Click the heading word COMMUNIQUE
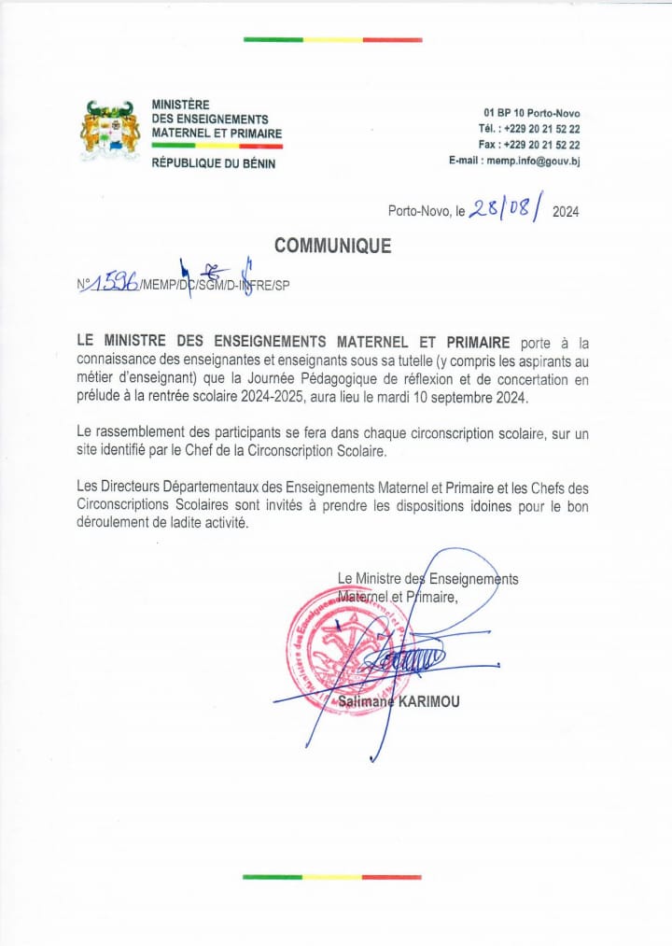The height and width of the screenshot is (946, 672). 332,247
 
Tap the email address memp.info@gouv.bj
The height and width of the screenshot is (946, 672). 514,161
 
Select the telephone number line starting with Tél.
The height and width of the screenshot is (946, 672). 529,129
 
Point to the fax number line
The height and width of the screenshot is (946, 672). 529,145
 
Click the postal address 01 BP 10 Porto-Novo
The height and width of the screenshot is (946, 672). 531,113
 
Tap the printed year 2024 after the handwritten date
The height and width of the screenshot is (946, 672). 566,212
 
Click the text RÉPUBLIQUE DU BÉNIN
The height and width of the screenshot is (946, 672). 214,163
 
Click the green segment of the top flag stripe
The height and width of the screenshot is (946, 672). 273,40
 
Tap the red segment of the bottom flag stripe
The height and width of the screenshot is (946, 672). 391,877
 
